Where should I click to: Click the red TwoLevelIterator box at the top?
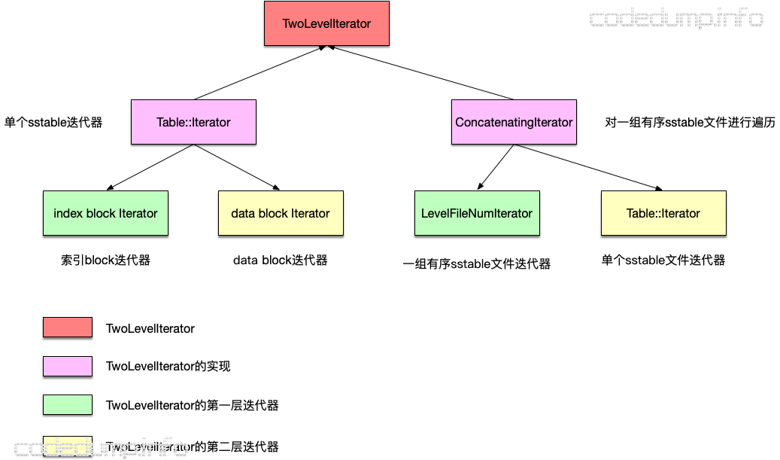pyautogui.click(x=326, y=23)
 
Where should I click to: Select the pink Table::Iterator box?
pyautogui.click(x=193, y=122)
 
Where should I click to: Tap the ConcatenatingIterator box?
pyautogui.click(x=514, y=122)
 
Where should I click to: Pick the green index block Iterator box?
pyautogui.click(x=105, y=213)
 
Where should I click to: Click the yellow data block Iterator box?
pyautogui.click(x=281, y=213)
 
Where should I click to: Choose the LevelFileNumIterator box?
pyautogui.click(x=476, y=213)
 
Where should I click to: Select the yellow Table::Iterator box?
pyautogui.click(x=663, y=213)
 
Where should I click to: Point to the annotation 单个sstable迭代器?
pyautogui.click(x=53, y=122)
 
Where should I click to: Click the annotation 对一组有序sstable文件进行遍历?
pyautogui.click(x=690, y=122)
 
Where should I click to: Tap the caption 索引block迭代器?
pyautogui.click(x=105, y=260)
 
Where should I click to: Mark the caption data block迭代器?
pyautogui.click(x=281, y=260)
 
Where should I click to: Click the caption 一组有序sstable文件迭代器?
pyautogui.click(x=477, y=264)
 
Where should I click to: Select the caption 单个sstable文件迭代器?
pyautogui.click(x=663, y=260)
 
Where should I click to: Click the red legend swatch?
pyautogui.click(x=68, y=327)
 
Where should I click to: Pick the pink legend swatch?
pyautogui.click(x=68, y=366)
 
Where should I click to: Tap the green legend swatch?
pyautogui.click(x=68, y=405)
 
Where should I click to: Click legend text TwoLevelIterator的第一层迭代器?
pyautogui.click(x=192, y=406)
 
